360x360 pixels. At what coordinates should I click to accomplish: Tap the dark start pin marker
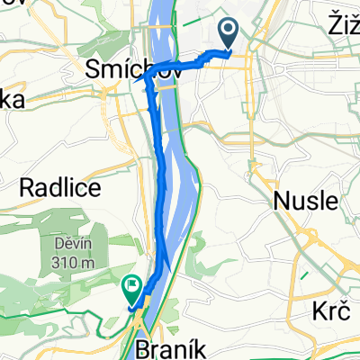point(229,34)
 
